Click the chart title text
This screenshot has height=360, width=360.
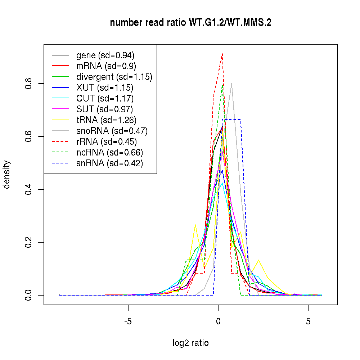pyautogui.click(x=190, y=23)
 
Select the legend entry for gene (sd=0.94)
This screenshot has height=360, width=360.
pyautogui.click(x=105, y=55)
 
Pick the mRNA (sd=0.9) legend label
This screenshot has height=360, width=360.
pyautogui.click(x=106, y=66)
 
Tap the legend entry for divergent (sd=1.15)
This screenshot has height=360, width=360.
pyautogui.click(x=114, y=77)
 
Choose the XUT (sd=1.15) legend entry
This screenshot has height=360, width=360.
pyautogui.click(x=104, y=88)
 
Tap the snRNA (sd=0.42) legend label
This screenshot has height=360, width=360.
pyautogui.click(x=109, y=163)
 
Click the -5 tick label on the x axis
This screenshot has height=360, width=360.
pyautogui.click(x=128, y=322)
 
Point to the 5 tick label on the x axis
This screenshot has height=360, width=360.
pyautogui.click(x=308, y=322)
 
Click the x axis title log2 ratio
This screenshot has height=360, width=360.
pyautogui.click(x=190, y=343)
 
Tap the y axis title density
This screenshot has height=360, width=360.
pyautogui.click(x=7, y=175)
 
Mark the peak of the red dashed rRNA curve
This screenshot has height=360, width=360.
pyautogui.click(x=222, y=54)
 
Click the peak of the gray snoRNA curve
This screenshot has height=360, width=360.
pyautogui.click(x=231, y=83)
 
